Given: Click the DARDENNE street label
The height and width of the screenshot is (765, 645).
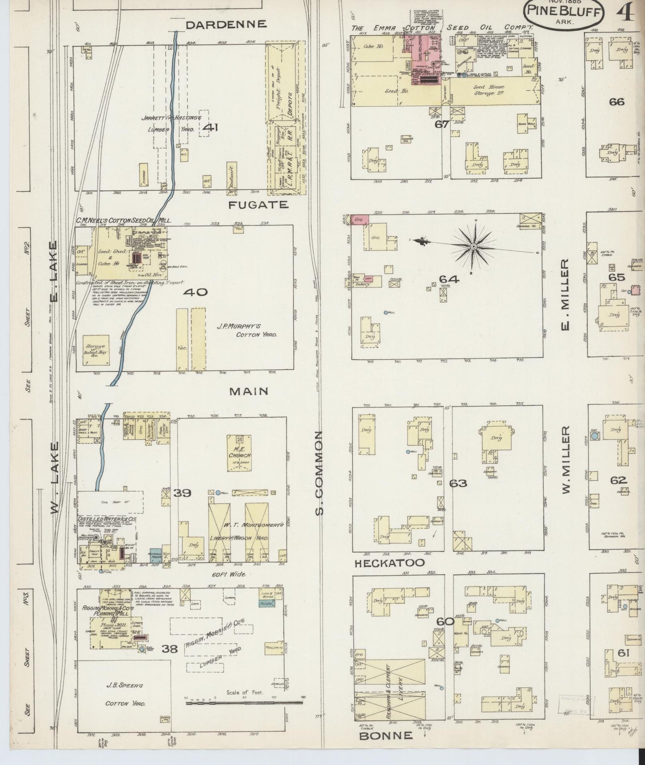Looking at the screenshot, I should coord(226,25).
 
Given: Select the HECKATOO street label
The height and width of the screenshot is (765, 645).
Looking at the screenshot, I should coord(389,564).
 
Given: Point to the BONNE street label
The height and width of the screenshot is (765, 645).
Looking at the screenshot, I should coord(386,736).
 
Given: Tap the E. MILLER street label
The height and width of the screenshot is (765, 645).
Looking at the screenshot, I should coord(566,294).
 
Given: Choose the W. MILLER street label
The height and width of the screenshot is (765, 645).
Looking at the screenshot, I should coord(566,460).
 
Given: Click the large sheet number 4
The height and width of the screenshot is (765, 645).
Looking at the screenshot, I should coord(627,13).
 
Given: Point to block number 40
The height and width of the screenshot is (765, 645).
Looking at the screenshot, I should coord(195,292).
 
